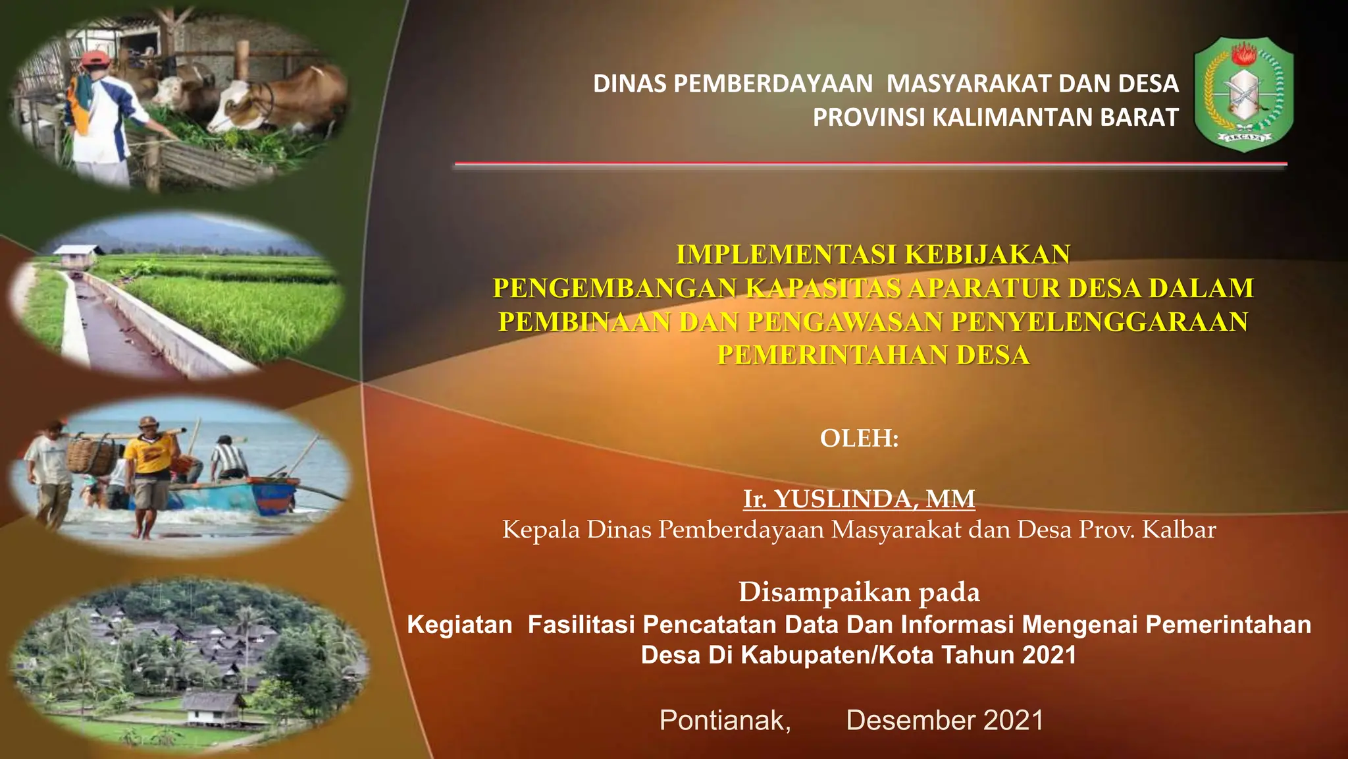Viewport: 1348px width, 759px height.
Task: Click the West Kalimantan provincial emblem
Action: [1243, 94]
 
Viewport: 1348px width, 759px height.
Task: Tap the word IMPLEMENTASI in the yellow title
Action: [787, 255]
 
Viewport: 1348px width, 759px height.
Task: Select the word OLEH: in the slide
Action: [859, 438]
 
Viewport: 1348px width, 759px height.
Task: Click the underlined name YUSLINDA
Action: [844, 499]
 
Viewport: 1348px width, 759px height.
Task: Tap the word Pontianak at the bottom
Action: [724, 720]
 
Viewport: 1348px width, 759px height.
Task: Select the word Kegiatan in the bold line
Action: [459, 625]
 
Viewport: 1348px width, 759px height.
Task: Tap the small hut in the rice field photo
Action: [78, 256]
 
